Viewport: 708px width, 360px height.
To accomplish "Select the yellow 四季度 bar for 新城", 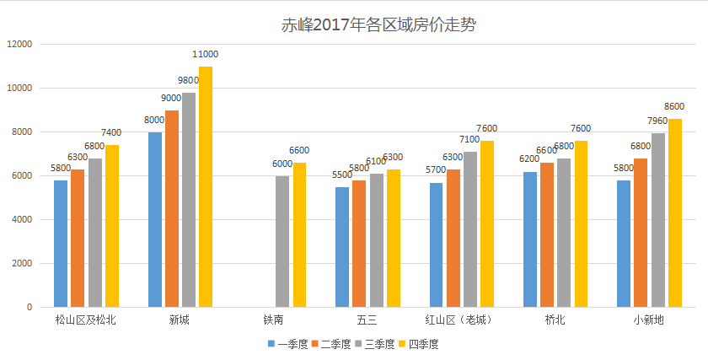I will (x=206, y=187).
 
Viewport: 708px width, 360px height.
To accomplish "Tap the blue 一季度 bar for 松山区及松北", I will (x=61, y=244).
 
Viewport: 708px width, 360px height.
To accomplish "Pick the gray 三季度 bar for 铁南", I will (x=282, y=241).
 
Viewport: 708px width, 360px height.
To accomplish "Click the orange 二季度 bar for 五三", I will (x=359, y=244).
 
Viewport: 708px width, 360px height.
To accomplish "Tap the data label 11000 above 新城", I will (x=206, y=55).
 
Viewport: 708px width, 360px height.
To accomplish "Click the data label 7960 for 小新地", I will (x=657, y=121).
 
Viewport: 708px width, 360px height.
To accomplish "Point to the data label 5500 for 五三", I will (x=342, y=175).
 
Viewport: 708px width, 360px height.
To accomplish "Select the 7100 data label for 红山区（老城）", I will (x=469, y=140).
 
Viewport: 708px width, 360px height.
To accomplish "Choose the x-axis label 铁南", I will (x=273, y=320).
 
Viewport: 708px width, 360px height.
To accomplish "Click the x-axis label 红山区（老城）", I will (x=458, y=320).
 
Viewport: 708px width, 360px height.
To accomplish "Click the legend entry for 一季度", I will (x=288, y=344).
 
